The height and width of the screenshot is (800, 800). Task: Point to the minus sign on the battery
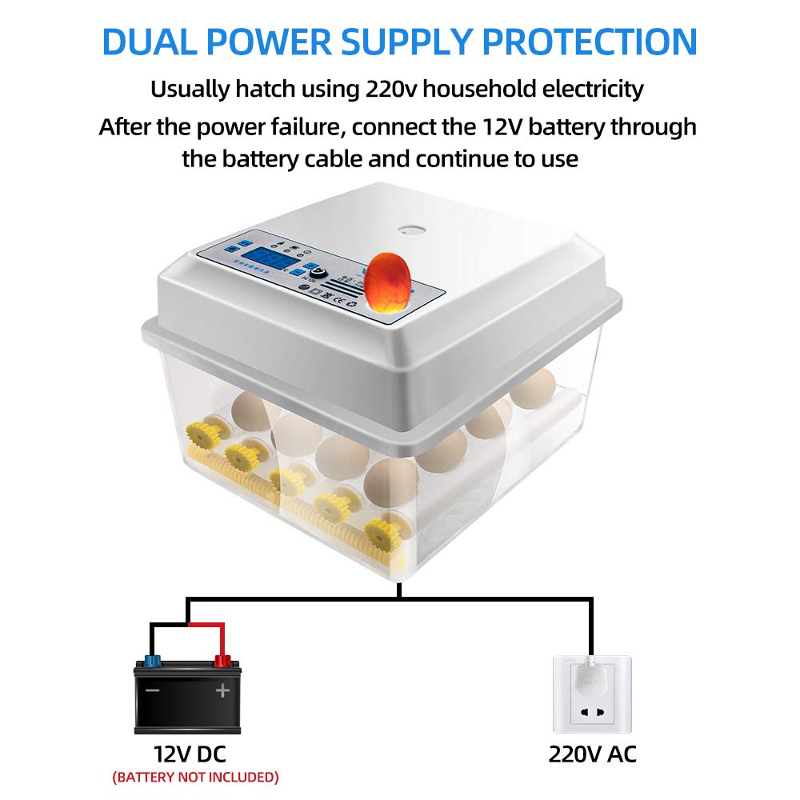pyautogui.click(x=152, y=690)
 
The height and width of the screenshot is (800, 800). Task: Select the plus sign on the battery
pyautogui.click(x=222, y=690)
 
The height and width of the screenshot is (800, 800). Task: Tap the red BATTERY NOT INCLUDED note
pyautogui.click(x=195, y=777)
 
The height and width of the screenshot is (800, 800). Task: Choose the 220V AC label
pyautogui.click(x=593, y=753)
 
